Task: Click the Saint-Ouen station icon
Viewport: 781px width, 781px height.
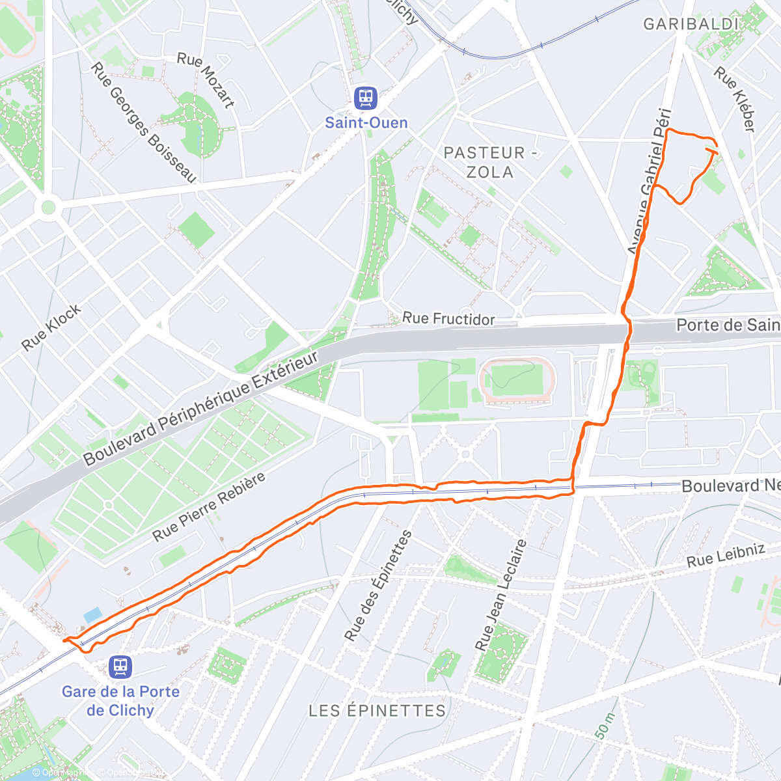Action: point(366,98)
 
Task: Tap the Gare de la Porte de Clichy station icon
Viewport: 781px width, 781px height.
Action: point(120,666)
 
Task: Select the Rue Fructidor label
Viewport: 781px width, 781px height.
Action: point(448,318)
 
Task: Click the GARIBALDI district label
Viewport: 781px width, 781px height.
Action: point(691,25)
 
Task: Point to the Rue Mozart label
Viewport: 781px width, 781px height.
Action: point(206,79)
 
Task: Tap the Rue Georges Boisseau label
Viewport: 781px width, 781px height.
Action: point(144,122)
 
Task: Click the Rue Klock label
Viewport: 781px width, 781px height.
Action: point(51,327)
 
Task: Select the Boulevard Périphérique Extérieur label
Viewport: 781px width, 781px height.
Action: point(201,408)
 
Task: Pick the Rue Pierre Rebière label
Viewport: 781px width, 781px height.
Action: point(209,507)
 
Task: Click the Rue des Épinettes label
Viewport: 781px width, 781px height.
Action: point(378,585)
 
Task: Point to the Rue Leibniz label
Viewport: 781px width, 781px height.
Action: point(726,555)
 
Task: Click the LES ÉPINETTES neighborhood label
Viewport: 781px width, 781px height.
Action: point(377,710)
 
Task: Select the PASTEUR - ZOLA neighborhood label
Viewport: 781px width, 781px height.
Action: point(490,162)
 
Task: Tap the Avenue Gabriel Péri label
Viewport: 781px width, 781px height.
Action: point(648,181)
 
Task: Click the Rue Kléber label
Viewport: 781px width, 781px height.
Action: point(735,99)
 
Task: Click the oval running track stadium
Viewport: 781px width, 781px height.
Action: point(517,379)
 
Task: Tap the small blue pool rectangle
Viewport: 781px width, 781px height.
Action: point(93,614)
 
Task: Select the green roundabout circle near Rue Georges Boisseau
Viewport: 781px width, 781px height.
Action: point(48,208)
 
